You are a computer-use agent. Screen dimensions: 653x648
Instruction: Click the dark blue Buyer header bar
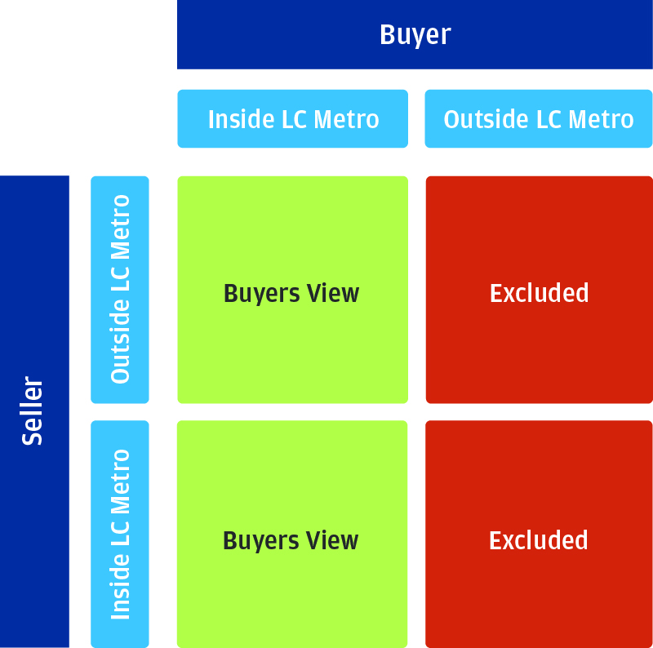pos(415,34)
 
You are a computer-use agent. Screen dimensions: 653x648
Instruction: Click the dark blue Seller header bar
pos(34,411)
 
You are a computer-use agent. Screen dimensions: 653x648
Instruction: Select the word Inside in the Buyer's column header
pos(242,119)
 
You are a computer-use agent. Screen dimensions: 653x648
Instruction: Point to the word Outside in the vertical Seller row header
pos(120,341)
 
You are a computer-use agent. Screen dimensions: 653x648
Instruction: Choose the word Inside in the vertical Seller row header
pos(120,586)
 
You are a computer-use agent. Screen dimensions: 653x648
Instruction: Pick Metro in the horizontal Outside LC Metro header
pos(601,119)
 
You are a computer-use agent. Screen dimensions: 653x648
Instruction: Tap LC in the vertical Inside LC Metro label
pos(120,534)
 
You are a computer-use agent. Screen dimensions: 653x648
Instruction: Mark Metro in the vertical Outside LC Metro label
pos(120,227)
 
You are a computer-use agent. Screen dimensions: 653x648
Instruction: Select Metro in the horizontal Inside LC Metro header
pos(346,119)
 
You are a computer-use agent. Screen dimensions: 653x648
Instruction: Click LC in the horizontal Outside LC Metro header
pos(549,119)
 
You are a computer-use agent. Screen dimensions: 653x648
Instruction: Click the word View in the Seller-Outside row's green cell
pos(333,293)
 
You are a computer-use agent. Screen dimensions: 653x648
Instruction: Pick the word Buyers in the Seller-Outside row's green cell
pos(261,295)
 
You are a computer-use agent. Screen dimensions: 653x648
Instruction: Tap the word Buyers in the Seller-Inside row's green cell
pos(260,542)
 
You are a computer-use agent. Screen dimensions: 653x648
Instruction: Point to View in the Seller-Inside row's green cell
pos(332,540)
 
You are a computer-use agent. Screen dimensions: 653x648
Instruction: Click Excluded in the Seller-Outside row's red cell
pos(540,293)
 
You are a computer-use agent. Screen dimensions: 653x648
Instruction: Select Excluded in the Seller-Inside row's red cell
pos(539,540)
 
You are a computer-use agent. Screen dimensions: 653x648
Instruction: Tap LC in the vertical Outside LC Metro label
pos(120,279)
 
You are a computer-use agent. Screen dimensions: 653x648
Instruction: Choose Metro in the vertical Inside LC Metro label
pos(120,482)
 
